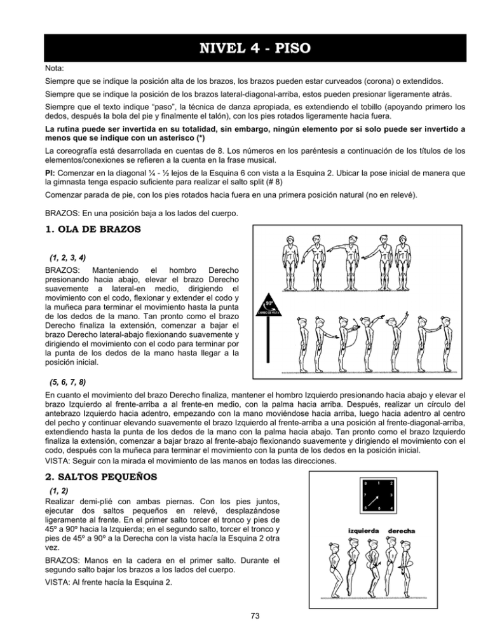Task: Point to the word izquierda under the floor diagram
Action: tap(364, 530)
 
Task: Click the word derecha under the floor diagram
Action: tap(402, 530)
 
